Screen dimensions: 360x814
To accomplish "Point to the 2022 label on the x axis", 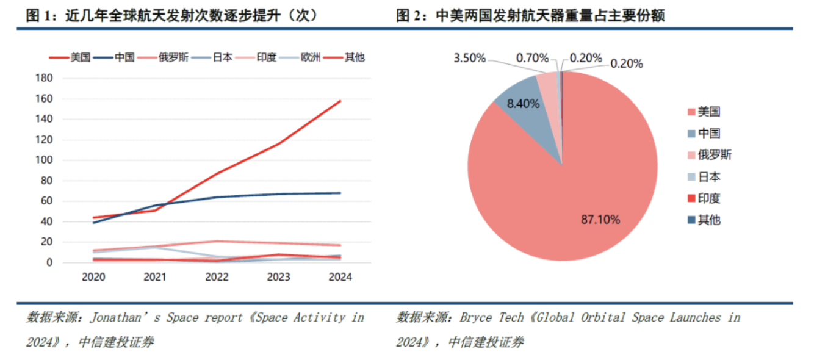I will [217, 277].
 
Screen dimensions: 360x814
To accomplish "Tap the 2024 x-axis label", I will [340, 277].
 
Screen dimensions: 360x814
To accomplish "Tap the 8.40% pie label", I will [524, 104].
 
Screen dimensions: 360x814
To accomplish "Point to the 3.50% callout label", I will [469, 58].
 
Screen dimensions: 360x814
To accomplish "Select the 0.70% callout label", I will [532, 58].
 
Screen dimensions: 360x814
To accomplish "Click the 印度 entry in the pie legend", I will [709, 198].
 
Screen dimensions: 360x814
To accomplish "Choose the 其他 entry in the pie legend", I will [709, 220].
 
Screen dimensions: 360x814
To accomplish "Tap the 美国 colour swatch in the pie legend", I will [691, 112].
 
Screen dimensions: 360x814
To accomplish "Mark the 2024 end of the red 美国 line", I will [340, 101].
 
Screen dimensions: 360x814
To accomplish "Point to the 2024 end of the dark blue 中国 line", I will [340, 193].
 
